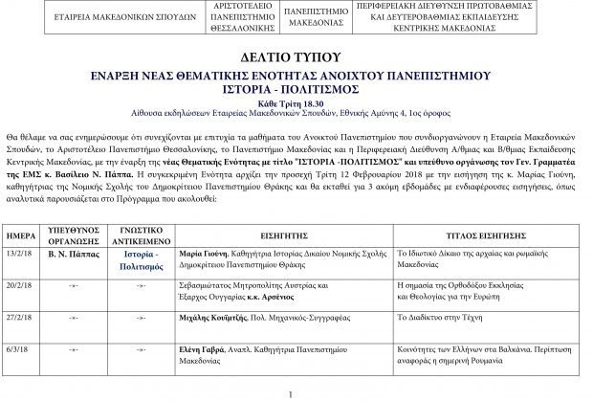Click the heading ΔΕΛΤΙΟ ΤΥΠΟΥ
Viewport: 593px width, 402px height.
pos(296,59)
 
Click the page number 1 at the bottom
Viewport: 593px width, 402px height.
pos(291,393)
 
